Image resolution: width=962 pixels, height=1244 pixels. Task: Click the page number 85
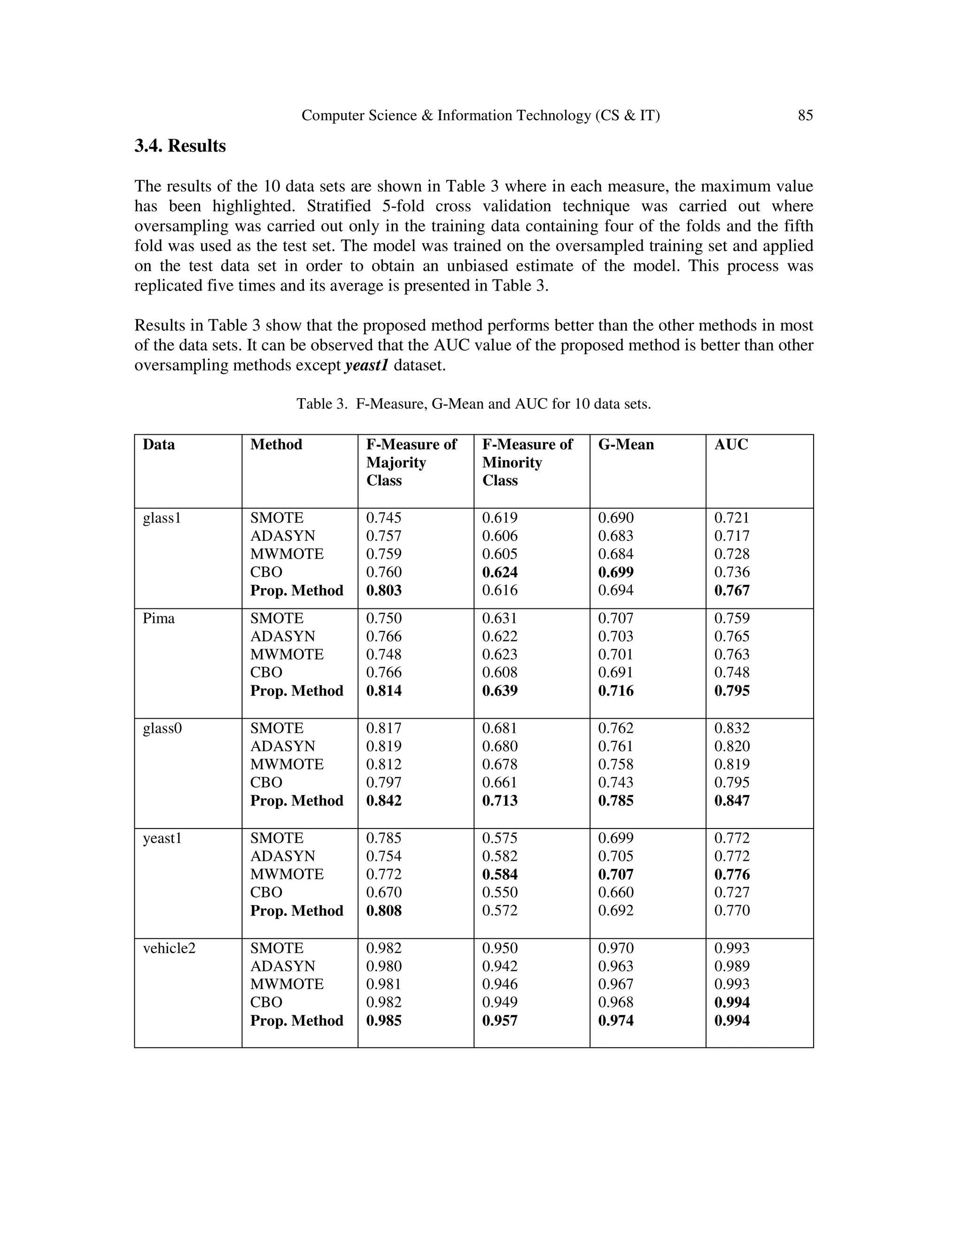click(x=805, y=115)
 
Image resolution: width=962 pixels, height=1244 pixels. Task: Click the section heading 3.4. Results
click(x=180, y=146)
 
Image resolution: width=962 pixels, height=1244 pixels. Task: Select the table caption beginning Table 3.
click(x=473, y=404)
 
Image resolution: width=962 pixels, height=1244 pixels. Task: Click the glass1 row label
click(x=162, y=518)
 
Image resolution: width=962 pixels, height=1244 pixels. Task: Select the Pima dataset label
click(x=158, y=618)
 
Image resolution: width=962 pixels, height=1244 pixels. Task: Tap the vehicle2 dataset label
click(x=169, y=948)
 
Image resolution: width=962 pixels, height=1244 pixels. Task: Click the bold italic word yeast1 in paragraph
click(x=366, y=365)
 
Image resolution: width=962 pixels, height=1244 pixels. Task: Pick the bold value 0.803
click(x=384, y=590)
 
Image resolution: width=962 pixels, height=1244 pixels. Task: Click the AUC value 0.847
click(x=732, y=800)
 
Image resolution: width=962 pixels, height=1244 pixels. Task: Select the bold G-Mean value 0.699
click(x=615, y=572)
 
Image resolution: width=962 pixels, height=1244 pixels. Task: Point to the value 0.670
click(x=384, y=892)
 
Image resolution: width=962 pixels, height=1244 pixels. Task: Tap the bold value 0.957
click(x=500, y=1020)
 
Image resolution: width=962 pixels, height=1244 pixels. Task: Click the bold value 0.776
click(x=732, y=875)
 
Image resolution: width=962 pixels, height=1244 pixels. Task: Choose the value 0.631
click(x=500, y=618)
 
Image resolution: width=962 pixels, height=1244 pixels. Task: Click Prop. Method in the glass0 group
click(x=296, y=800)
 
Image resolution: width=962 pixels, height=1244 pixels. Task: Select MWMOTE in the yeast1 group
click(x=287, y=875)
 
